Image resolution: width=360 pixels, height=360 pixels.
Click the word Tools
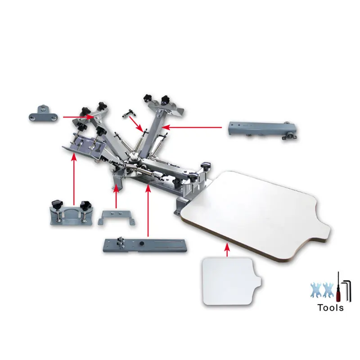point(330,308)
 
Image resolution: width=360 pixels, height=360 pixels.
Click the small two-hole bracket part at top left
point(43,112)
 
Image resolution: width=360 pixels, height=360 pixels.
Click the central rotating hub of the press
point(134,157)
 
